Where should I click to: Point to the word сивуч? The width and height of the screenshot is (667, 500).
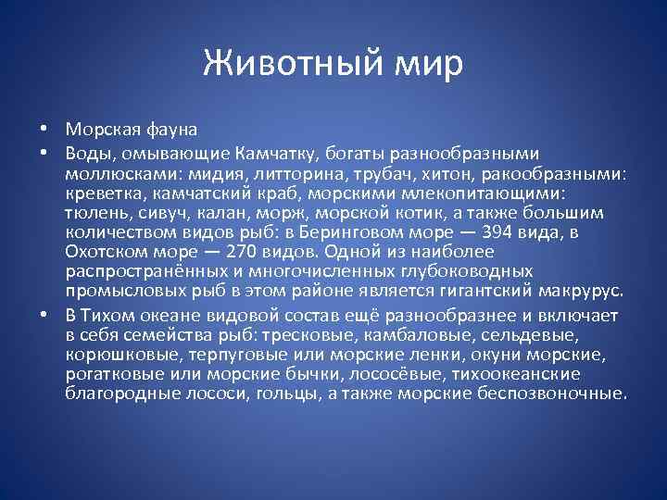pos(146,213)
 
